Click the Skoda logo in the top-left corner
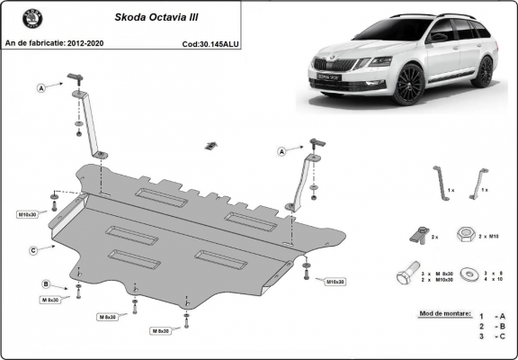(x=21, y=20)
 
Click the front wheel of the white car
(x=406, y=88)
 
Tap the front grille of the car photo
(x=333, y=72)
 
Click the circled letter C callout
(x=32, y=250)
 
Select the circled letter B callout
(x=45, y=284)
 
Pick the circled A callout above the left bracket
(x=41, y=87)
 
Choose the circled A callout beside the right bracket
(x=281, y=152)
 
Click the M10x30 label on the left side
(x=27, y=215)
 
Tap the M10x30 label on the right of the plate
(x=335, y=282)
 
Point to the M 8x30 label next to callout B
(x=49, y=300)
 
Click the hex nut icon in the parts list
(x=466, y=236)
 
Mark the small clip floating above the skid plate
(x=211, y=144)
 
